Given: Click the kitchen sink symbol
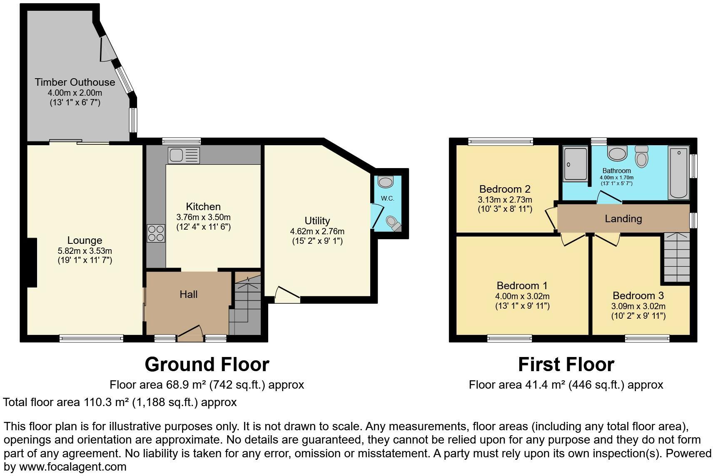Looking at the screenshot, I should pos(184,155).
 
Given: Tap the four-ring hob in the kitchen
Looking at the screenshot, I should pos(156,233).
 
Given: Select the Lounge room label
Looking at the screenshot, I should pos(85,240).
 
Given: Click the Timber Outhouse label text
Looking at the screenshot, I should pos(75,82).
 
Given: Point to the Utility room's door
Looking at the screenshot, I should pos(287,293).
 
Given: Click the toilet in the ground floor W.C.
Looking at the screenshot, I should pos(393,223).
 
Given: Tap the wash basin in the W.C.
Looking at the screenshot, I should pos(386,182).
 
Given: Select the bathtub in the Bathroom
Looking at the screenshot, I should pos(678,172).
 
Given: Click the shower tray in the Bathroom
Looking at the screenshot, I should pos(575,164).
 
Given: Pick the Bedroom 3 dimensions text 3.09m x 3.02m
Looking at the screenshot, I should pos(638,306).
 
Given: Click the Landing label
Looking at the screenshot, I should pos(623,218).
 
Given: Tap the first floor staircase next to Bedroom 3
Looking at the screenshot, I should pos(676,258).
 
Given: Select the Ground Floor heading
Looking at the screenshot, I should pos(207,364).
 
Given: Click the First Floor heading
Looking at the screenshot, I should pos(566,364).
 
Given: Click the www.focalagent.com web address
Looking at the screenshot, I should pos(72,466).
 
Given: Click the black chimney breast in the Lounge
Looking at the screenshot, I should pos(32,262).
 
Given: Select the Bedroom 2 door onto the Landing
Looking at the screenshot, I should pos(551,216).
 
